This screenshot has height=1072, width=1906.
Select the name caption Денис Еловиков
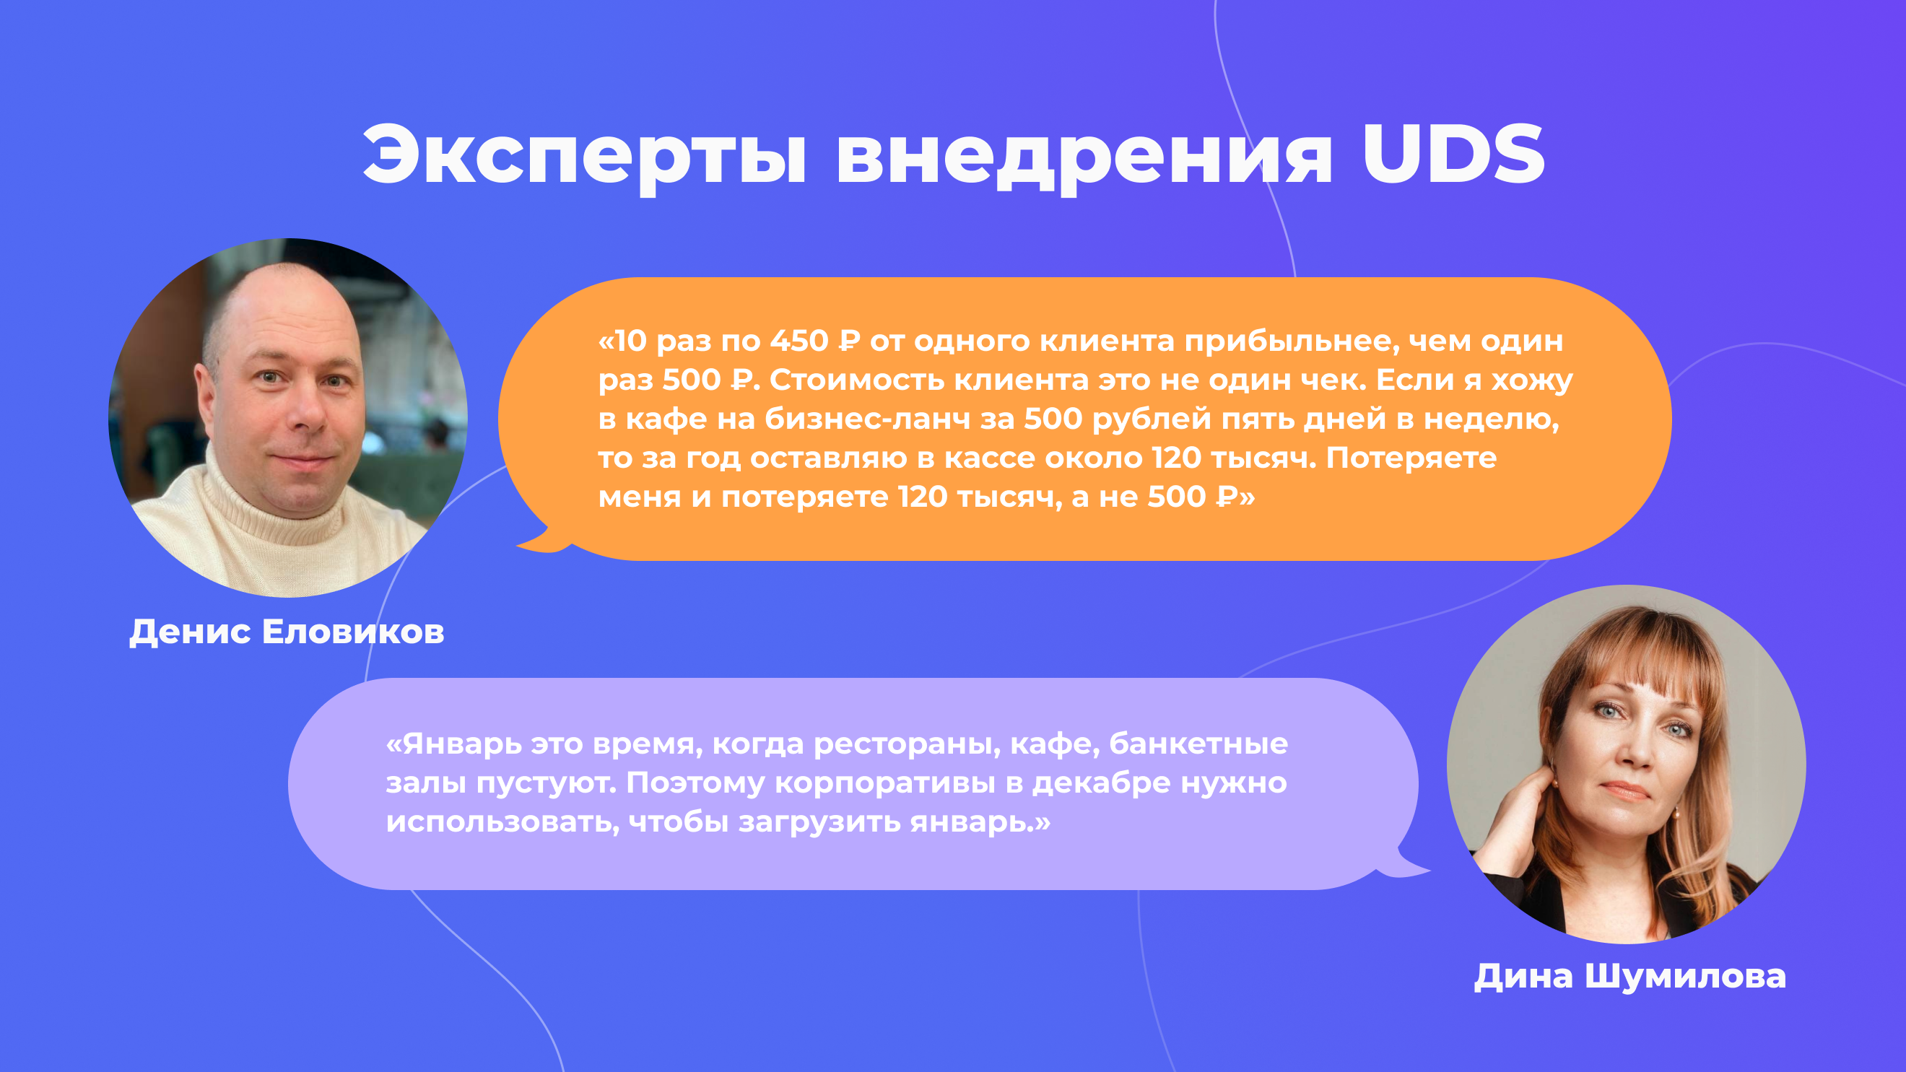pos(287,632)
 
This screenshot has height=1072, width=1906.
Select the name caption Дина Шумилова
pos(1629,976)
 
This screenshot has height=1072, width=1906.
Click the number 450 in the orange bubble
pos(799,341)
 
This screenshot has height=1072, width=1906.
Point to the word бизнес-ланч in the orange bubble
pos(866,419)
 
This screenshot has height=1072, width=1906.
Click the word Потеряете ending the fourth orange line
pos(1411,458)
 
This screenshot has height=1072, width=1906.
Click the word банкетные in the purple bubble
pos(1198,744)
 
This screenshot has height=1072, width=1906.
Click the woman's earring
pos(1675,813)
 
